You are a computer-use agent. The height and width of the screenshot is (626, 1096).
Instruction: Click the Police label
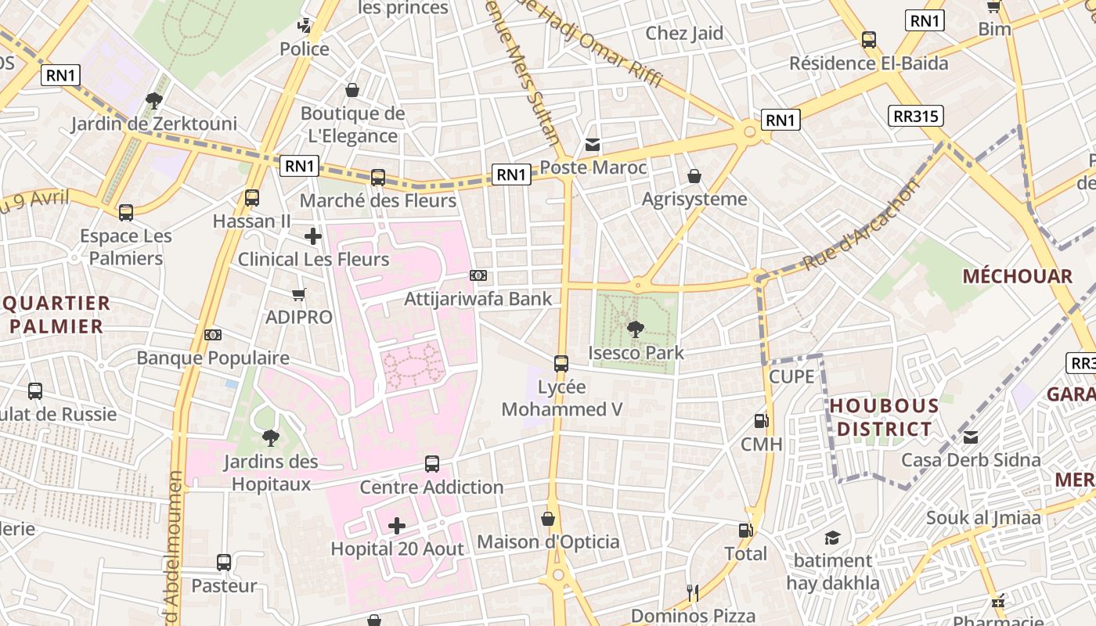click(x=305, y=49)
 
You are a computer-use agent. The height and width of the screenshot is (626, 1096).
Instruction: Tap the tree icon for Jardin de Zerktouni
click(x=153, y=100)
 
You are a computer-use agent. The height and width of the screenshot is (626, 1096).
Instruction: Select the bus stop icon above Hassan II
click(x=252, y=198)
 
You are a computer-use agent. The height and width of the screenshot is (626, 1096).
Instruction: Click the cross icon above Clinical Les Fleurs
click(x=313, y=236)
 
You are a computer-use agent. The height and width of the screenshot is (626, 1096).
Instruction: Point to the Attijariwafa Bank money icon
click(x=478, y=275)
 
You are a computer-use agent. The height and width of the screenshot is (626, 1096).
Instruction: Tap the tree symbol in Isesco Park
click(x=636, y=329)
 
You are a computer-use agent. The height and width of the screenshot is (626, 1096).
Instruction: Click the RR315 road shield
click(x=916, y=117)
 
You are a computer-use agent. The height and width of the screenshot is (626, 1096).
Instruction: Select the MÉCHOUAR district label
click(x=1017, y=276)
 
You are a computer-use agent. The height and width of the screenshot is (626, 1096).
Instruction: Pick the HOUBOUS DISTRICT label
click(x=884, y=417)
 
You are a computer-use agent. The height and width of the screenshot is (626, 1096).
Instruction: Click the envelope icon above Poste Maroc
click(x=593, y=145)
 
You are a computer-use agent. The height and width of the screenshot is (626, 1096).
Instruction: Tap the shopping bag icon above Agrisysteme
click(x=694, y=176)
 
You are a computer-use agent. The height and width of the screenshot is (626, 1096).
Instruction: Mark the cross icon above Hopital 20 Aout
click(x=397, y=526)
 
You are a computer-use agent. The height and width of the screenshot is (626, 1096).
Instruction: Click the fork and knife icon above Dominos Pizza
click(x=693, y=593)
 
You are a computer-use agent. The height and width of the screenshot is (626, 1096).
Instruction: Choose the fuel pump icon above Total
click(x=746, y=531)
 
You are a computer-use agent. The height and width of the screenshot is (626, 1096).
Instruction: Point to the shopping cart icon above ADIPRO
click(x=298, y=294)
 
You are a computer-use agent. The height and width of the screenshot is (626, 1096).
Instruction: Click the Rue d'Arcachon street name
click(x=861, y=225)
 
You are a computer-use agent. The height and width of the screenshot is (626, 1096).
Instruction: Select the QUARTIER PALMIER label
click(x=56, y=315)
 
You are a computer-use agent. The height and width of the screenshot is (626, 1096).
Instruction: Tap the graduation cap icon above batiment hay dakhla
click(x=832, y=538)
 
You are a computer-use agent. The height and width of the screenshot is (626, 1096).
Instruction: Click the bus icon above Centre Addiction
click(x=431, y=464)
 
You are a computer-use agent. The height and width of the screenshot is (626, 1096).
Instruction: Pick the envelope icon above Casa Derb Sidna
click(x=971, y=437)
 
